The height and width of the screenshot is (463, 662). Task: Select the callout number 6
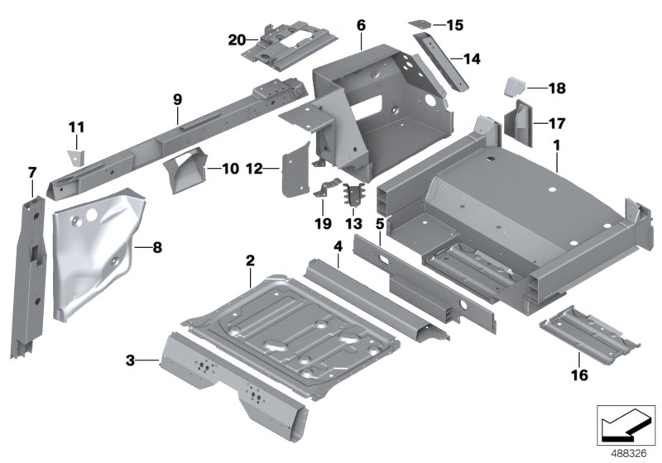click(361, 26)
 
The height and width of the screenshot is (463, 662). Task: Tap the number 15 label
click(455, 26)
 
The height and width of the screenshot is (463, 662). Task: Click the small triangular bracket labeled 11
click(76, 155)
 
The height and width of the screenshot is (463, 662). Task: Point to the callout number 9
click(177, 99)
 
